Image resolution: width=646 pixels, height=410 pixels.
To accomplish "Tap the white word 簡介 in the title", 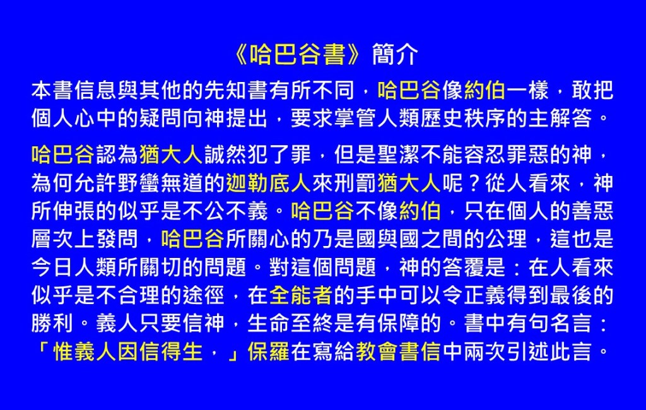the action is pyautogui.click(x=395, y=54).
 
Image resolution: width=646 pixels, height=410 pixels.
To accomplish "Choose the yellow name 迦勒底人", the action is pyautogui.click(x=269, y=183).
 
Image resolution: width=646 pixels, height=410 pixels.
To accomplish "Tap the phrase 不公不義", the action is pyautogui.click(x=226, y=211).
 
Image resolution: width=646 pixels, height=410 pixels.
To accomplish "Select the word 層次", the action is pyautogui.click(x=53, y=239).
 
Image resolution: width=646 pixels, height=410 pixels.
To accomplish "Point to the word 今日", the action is pyautogui.click(x=53, y=267).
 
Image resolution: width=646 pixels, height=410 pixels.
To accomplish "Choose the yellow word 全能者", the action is pyautogui.click(x=301, y=295).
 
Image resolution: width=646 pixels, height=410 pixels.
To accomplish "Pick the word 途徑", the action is pyautogui.click(x=204, y=295).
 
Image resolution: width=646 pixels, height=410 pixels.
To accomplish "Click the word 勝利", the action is pyautogui.click(x=53, y=324).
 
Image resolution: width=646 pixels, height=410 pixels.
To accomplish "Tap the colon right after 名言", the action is pyautogui.click(x=604, y=324).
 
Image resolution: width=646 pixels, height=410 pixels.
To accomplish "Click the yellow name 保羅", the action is pyautogui.click(x=269, y=351).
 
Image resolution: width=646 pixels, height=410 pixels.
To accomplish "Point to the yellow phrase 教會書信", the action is pyautogui.click(x=399, y=351).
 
